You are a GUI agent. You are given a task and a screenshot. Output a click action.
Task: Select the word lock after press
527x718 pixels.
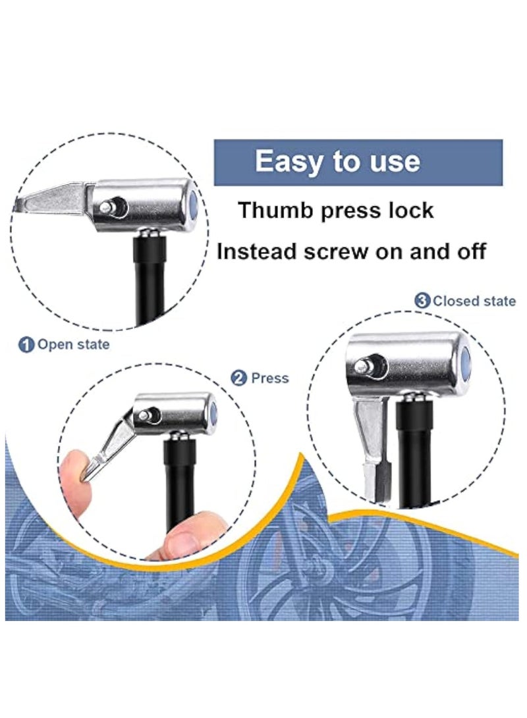[x=410, y=211]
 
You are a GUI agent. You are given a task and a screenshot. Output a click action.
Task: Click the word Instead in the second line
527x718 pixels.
[x=258, y=251]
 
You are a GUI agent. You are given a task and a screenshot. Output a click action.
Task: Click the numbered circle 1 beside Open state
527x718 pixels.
[x=26, y=344]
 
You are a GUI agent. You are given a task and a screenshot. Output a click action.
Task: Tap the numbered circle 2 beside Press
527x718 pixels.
[x=239, y=378]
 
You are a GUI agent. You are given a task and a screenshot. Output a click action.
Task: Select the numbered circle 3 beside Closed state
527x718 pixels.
[x=422, y=301]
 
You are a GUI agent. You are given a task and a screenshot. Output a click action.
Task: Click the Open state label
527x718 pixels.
[x=73, y=344]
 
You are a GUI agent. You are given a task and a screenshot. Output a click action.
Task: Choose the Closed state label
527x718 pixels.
[x=474, y=301]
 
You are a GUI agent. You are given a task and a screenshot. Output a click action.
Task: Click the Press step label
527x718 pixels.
[x=269, y=378]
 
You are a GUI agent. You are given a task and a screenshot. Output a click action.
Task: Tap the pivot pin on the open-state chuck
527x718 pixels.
[x=107, y=206]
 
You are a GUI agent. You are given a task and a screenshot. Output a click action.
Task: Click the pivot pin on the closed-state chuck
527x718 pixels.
[x=362, y=365]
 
